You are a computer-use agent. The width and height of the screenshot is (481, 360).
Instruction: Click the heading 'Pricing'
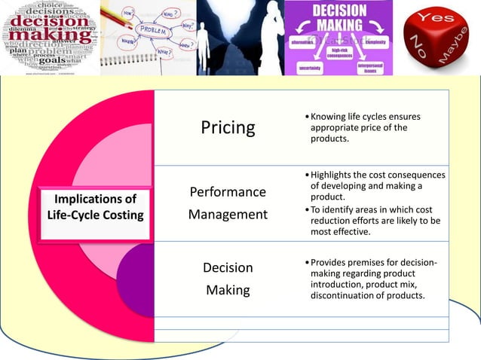tap(228, 127)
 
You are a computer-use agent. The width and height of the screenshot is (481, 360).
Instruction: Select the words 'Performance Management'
tap(228, 203)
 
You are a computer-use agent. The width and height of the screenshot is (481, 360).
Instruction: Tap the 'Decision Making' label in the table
tap(228, 279)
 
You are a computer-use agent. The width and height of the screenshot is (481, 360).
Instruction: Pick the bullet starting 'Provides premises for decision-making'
tap(372, 279)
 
